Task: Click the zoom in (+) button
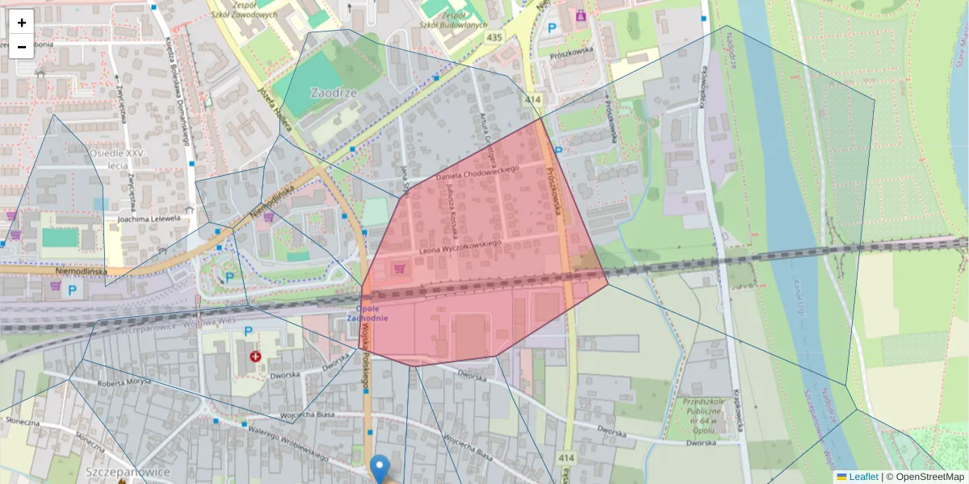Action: click(x=21, y=22)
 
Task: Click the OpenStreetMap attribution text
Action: click(x=929, y=477)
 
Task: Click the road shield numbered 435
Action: click(x=494, y=38)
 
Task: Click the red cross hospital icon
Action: click(x=256, y=356)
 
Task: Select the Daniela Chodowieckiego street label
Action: click(x=477, y=171)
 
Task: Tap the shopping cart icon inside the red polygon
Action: click(x=399, y=266)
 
